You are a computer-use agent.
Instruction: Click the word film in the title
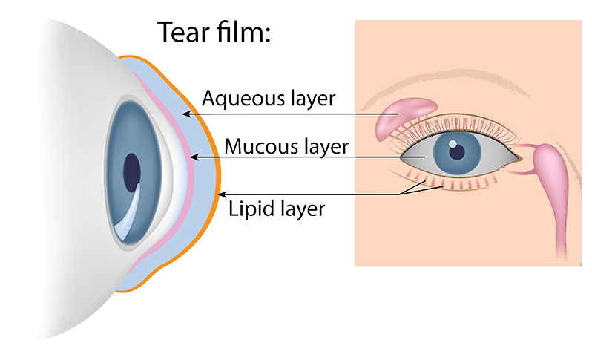click(240, 32)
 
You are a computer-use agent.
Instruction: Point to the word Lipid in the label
click(249, 209)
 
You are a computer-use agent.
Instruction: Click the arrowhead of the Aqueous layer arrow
click(186, 114)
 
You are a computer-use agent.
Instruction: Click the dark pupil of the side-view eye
click(132, 172)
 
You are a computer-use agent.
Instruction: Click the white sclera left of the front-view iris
click(417, 157)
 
